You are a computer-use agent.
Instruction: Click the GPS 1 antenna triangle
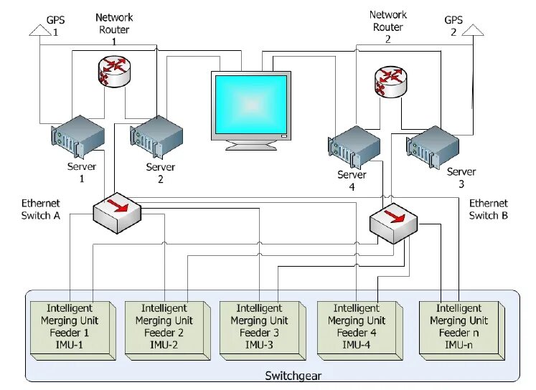[x=40, y=30]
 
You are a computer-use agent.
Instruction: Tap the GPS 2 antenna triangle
[x=473, y=30]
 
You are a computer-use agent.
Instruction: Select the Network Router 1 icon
[x=114, y=71]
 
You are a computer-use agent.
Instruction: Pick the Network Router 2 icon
[x=391, y=82]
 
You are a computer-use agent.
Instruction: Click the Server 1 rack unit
[x=78, y=137]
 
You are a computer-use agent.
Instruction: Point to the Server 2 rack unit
[x=156, y=137]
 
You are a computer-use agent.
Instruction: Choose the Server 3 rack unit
[x=433, y=147]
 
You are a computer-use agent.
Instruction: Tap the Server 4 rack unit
[x=354, y=147]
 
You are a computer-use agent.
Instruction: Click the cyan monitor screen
[x=251, y=105]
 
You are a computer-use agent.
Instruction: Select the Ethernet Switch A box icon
[x=117, y=213]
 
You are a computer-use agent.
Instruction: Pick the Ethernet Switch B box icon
[x=394, y=224]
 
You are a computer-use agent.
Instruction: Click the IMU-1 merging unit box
[x=73, y=330]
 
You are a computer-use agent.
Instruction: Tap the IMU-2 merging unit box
[x=167, y=330]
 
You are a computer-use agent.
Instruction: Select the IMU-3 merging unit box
[x=263, y=330]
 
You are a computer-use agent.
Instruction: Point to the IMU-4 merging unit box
[x=360, y=330]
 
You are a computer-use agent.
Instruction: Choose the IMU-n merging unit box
[x=462, y=330]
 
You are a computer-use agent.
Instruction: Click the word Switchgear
[x=293, y=376]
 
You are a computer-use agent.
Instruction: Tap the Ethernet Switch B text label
[x=488, y=209]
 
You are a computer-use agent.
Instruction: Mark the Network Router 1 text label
[x=114, y=29]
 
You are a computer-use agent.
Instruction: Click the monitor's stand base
[x=251, y=146]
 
